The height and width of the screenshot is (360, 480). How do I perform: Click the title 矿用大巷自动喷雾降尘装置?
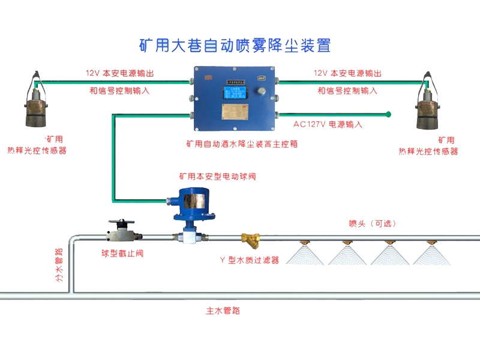coord(235,45)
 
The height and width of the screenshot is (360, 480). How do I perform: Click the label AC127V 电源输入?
coord(328,125)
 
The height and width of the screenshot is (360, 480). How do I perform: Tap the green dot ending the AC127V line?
coord(389,113)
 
